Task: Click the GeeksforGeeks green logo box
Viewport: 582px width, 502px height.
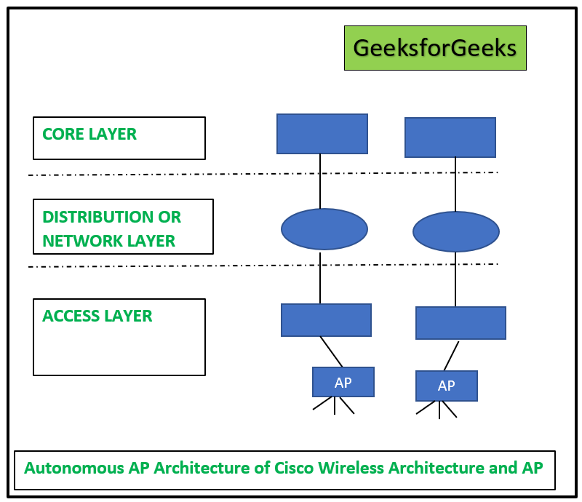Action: click(x=435, y=48)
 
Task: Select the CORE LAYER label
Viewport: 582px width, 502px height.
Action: click(x=89, y=134)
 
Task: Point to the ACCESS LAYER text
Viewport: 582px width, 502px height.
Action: click(x=97, y=316)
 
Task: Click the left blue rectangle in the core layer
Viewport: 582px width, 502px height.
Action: click(x=322, y=133)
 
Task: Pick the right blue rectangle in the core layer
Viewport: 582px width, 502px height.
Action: click(x=450, y=138)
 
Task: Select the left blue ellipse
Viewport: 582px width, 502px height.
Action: click(x=324, y=229)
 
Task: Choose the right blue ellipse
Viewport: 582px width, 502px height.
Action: click(x=455, y=232)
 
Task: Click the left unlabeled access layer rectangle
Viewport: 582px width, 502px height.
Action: click(x=326, y=320)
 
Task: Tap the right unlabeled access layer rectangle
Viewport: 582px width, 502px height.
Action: click(x=461, y=323)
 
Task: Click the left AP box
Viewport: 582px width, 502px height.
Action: click(x=343, y=382)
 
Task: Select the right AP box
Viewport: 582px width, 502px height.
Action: click(x=447, y=386)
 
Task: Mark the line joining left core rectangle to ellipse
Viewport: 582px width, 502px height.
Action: click(x=320, y=182)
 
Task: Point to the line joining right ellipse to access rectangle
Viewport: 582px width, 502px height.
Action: click(x=455, y=279)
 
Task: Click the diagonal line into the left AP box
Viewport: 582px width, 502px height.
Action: click(x=331, y=351)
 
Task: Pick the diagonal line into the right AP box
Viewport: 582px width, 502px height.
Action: click(x=451, y=356)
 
